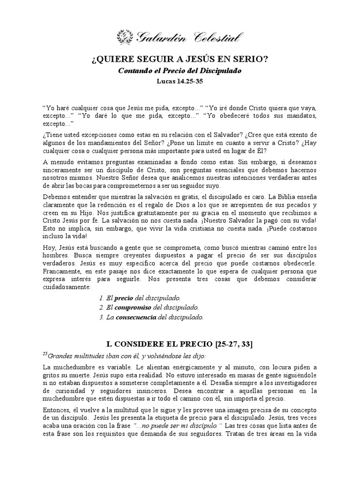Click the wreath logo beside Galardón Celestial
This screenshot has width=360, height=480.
tap(124, 36)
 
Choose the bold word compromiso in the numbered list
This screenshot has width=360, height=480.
tap(134, 307)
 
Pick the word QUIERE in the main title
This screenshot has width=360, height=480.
tap(108, 60)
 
